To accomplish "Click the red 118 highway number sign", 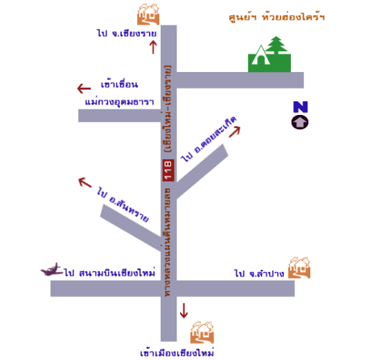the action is pos(168,170).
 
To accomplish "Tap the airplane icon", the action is pos(51,269).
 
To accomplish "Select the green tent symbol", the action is pos(261,55).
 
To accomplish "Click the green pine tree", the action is pos(276,45).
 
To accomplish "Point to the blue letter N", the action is pos(301,107).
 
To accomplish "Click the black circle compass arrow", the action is pos(300,123).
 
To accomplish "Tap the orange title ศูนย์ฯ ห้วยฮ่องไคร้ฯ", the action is pos(276,17).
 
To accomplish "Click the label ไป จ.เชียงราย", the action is pos(127,33).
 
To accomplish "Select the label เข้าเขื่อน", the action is pos(119,84).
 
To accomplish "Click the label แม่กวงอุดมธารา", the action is pos(119,102).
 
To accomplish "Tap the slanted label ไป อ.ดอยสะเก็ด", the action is pos(208,138).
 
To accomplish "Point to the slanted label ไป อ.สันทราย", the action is pos(123,204).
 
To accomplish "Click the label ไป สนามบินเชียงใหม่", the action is pos(109,273).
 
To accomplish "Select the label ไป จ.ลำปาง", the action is pos(259,273).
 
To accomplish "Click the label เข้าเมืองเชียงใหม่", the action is pos(177,353).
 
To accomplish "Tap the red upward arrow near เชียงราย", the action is pos(153,47).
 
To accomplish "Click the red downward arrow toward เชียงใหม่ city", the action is pos(184,311).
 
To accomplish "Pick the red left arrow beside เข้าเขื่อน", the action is pos(84,89).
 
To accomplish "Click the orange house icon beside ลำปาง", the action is pos(299,267).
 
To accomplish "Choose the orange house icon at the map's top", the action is pos(148,15).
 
